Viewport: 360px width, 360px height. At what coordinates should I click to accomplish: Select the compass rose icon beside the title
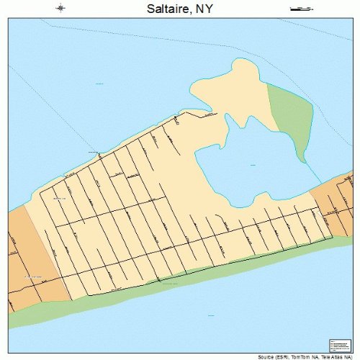click(x=60, y=9)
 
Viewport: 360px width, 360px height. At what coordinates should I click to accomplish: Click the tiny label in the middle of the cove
click(x=253, y=165)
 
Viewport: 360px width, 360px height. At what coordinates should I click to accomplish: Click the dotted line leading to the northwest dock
click(x=58, y=108)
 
